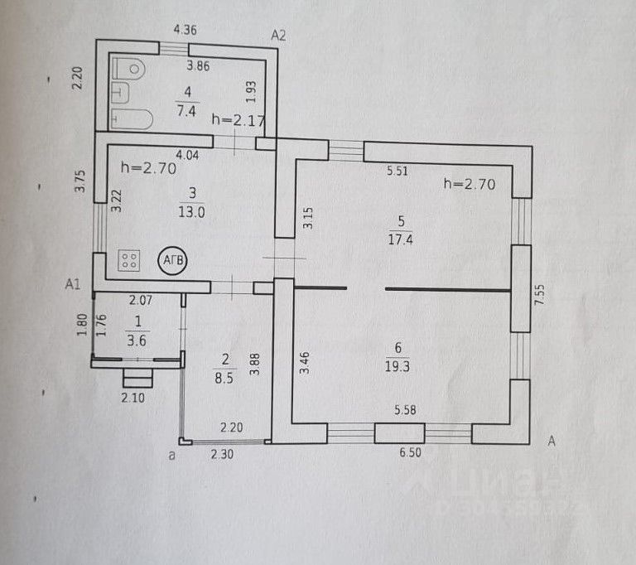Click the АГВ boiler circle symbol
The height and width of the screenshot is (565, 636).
174,259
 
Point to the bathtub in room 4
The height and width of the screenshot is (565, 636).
131,118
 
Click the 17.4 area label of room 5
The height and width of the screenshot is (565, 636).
401,238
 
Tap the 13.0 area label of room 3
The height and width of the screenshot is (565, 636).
192,210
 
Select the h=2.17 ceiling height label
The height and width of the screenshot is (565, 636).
238,119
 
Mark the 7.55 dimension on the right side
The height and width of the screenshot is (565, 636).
541,296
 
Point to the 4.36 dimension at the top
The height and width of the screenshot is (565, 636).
185,31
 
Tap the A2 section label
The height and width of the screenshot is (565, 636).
278,35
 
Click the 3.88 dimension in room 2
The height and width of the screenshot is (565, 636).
255,365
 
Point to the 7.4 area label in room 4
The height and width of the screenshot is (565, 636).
186,109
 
